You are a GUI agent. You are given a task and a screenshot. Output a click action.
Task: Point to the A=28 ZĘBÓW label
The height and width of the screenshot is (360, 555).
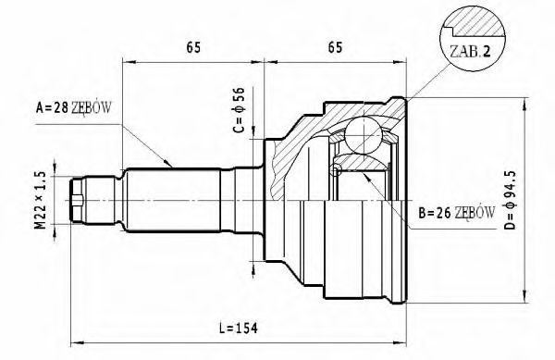pyautogui.click(x=73, y=108)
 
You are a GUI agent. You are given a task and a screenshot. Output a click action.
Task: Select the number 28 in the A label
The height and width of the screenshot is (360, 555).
pyautogui.click(x=60, y=108)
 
